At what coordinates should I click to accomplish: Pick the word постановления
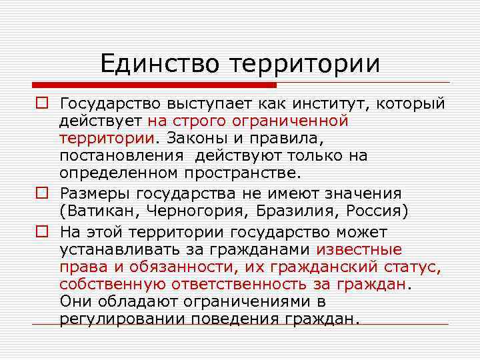121,155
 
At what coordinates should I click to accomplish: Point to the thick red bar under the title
153,85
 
